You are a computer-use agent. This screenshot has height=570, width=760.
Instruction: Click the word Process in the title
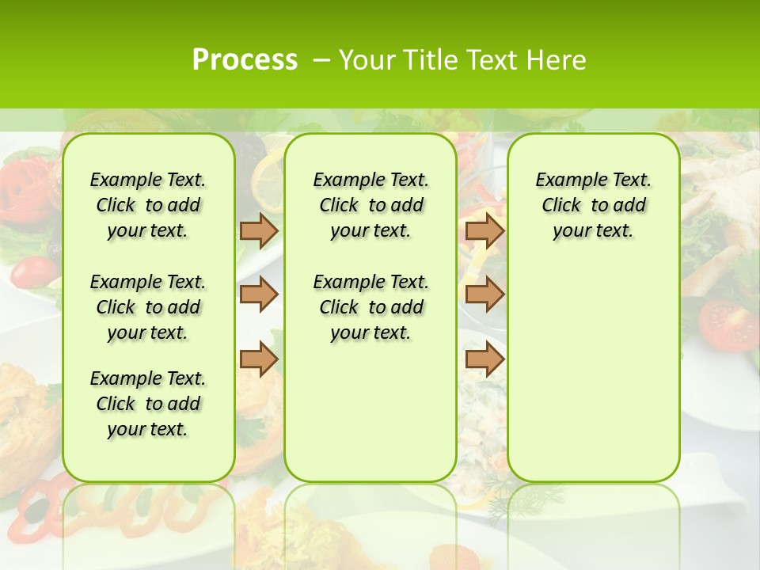[245, 59]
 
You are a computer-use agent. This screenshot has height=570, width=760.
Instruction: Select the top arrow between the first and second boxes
[259, 230]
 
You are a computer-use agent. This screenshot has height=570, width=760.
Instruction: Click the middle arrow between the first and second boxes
[259, 294]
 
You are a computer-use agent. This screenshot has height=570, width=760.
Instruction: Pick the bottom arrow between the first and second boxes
[259, 360]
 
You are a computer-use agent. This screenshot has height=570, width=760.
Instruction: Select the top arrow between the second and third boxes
[484, 230]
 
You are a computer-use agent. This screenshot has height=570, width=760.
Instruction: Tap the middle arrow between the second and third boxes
[484, 294]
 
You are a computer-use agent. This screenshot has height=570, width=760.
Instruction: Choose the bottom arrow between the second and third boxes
[484, 360]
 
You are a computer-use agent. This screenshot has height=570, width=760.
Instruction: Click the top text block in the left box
[148, 205]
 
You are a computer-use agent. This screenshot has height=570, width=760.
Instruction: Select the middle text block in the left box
[148, 307]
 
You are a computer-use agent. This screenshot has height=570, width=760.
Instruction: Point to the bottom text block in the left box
[148, 404]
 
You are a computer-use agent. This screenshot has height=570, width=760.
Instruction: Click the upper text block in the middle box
[370, 205]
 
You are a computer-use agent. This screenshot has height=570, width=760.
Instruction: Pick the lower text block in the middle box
[370, 307]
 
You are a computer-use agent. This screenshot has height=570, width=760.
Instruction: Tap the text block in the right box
[593, 205]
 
